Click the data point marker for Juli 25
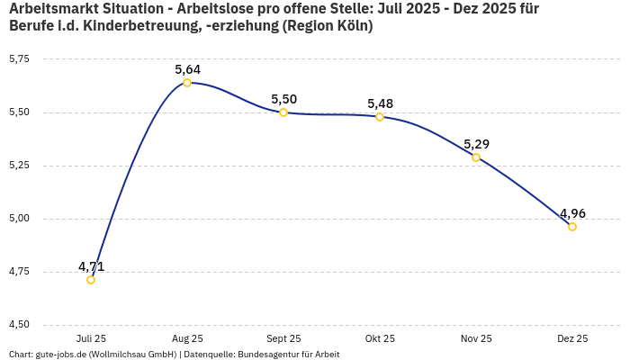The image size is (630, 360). point(91,280)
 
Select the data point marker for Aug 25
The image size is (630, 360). point(187,83)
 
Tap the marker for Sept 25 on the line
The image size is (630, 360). point(283,112)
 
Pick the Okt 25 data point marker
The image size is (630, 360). point(380,117)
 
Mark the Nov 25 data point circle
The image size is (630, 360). point(476,157)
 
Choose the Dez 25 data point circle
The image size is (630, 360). point(572,227)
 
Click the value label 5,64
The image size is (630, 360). point(187,69)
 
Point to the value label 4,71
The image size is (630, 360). point(91,266)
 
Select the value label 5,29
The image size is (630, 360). point(476,144)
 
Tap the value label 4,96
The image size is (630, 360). point(572,213)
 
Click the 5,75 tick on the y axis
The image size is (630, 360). point(19,59)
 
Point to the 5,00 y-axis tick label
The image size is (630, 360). point(19,219)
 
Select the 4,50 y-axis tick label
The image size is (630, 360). point(19,325)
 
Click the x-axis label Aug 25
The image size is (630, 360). point(187,338)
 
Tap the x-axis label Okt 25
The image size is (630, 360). point(380,338)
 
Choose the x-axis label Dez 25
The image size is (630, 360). point(572,338)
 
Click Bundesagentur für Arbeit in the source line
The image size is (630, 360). point(288,355)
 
